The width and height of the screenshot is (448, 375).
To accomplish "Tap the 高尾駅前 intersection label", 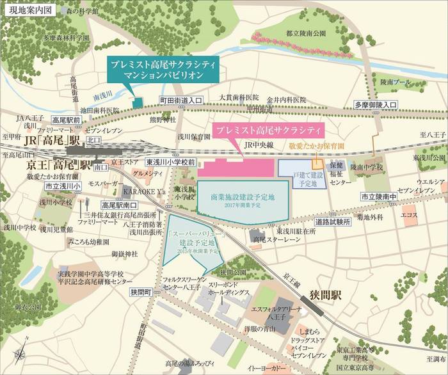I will coord(66,120).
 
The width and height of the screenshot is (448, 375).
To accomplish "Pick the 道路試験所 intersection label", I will coord(333,221).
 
